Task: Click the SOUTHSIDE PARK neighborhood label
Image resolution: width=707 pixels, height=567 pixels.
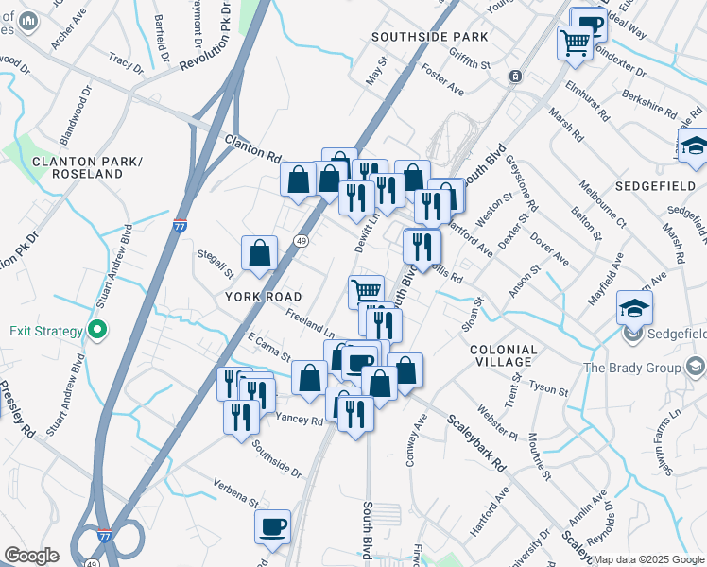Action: (429, 37)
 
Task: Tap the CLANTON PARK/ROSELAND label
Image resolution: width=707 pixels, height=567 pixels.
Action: (78, 167)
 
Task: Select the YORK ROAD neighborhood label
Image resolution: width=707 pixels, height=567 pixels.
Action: (263, 296)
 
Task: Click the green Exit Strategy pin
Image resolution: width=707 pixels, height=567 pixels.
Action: (96, 331)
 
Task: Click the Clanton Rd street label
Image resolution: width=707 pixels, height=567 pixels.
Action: (253, 146)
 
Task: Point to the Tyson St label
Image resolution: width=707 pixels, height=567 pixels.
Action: (549, 388)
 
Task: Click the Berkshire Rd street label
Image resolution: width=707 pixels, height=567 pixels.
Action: (650, 103)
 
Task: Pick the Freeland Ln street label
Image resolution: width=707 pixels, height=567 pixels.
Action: (310, 325)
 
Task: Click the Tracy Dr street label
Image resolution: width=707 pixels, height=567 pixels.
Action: (125, 62)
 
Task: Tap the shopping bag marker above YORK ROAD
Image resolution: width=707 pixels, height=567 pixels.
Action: (260, 253)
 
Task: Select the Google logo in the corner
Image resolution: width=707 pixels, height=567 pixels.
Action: (30, 556)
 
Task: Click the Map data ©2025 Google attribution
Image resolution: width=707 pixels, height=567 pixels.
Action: (648, 559)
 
